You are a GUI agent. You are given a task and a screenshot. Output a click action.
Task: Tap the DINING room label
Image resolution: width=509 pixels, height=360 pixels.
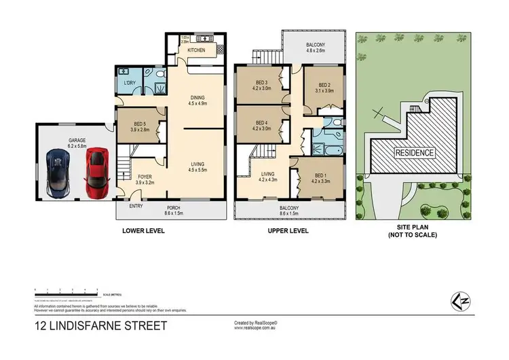pos(197,97)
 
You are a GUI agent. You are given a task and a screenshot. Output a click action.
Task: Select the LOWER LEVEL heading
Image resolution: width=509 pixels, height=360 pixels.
pos(143,231)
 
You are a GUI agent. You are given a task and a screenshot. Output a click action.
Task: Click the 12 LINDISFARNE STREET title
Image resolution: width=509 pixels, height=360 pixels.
pos(99,326)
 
